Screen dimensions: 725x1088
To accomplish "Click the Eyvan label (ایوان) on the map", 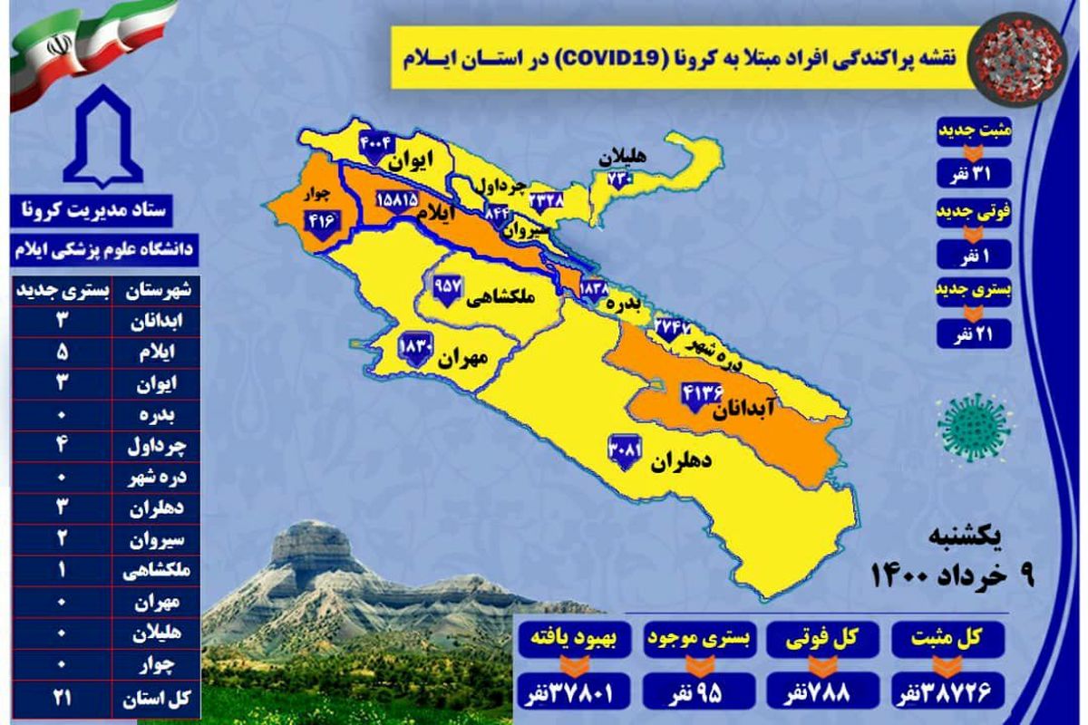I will (x=408, y=159).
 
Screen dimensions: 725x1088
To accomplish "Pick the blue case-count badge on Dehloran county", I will (x=625, y=450).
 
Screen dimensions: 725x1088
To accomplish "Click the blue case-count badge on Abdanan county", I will (x=699, y=396).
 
